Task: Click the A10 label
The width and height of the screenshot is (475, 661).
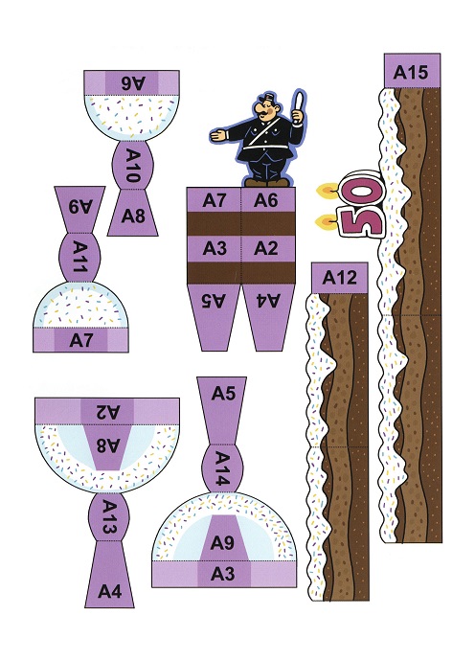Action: pyautogui.click(x=133, y=166)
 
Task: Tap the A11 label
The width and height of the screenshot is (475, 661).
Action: pyautogui.click(x=79, y=256)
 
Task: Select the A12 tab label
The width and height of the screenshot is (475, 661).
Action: pyautogui.click(x=339, y=278)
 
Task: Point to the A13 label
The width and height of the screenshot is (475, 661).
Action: pyautogui.click(x=109, y=516)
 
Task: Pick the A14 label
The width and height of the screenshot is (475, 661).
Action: pyautogui.click(x=222, y=467)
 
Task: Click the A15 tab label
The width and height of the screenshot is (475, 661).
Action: pyautogui.click(x=411, y=73)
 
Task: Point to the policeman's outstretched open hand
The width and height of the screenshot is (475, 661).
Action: pyautogui.click(x=218, y=135)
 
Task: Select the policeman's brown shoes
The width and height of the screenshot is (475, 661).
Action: pyautogui.click(x=267, y=182)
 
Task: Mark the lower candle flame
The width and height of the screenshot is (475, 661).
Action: pyautogui.click(x=325, y=221)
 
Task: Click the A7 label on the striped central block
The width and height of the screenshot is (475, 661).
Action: pyautogui.click(x=215, y=200)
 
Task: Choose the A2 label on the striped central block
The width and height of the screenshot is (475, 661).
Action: pyautogui.click(x=266, y=249)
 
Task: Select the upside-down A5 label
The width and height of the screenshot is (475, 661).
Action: pyautogui.click(x=215, y=300)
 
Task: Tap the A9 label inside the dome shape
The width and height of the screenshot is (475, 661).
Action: pyautogui.click(x=222, y=543)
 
